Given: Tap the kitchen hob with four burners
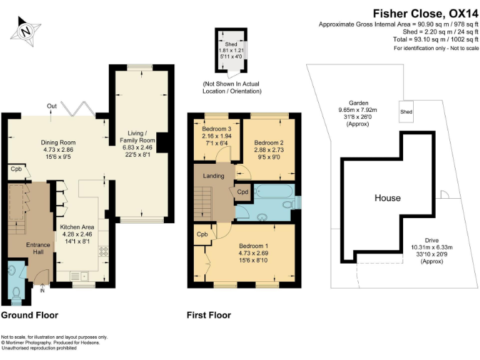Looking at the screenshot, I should pyautogui.click(x=103, y=251).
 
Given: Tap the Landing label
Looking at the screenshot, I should pyautogui.click(x=213, y=176).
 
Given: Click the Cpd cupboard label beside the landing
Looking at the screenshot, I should pyautogui.click(x=242, y=192).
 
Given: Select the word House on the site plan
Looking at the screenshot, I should pyautogui.click(x=387, y=198).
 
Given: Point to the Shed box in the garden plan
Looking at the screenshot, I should pyautogui.click(x=406, y=111).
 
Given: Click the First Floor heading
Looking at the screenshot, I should pyautogui.click(x=209, y=315).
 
